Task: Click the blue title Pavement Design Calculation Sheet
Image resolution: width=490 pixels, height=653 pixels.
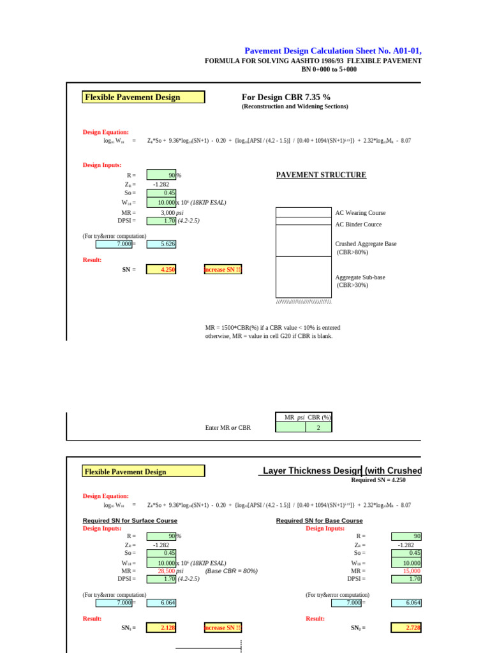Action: tap(332, 51)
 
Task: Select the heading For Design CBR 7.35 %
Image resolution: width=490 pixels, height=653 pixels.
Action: tap(286, 97)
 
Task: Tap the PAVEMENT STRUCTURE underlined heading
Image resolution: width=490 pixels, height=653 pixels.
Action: tap(321, 175)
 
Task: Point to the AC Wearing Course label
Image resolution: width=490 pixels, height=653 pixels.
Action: tap(360, 213)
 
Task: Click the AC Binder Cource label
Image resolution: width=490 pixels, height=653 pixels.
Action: tap(359, 224)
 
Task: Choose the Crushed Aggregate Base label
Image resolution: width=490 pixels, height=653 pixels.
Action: tap(366, 244)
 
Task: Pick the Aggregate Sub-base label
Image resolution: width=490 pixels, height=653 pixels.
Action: tap(360, 277)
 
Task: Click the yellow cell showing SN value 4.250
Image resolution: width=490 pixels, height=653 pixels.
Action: tap(161, 270)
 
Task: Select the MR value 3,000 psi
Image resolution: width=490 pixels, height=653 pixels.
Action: tap(172, 213)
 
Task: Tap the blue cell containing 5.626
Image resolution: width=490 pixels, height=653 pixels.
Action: tap(161, 244)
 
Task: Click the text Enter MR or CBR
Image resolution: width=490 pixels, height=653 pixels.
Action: tap(228, 427)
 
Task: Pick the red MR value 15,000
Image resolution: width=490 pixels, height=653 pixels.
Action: tap(410, 571)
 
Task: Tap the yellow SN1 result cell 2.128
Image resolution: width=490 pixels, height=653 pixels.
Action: tap(161, 627)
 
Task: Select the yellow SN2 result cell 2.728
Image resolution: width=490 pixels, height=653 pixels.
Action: tap(405, 627)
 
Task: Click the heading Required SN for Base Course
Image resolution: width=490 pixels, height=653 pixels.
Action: tap(319, 520)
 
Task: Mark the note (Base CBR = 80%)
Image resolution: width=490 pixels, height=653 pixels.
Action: tap(231, 571)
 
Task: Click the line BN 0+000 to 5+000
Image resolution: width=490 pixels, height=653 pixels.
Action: tap(329, 70)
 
